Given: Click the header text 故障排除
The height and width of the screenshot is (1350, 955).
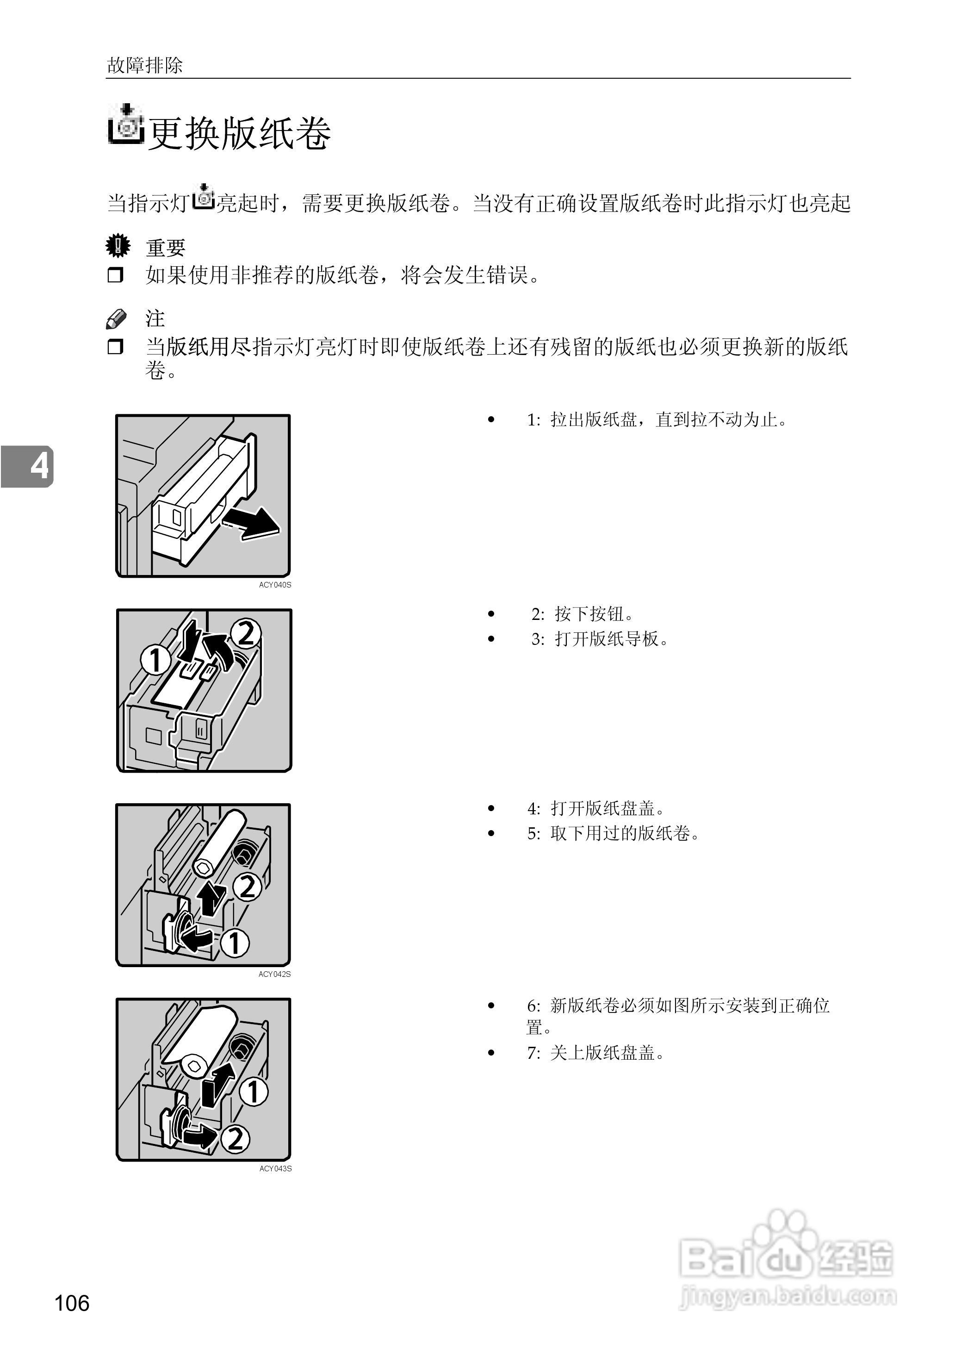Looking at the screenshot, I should [x=145, y=65].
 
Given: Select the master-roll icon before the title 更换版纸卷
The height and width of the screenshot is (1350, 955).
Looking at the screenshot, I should [x=126, y=124].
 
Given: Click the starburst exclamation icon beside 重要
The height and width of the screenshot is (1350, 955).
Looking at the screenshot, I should [x=118, y=246].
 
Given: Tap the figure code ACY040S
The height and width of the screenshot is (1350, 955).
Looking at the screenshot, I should [x=275, y=585].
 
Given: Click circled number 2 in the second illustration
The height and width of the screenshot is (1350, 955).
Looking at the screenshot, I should [x=245, y=633].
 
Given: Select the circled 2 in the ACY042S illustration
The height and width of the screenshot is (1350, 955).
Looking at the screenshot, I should [x=248, y=887].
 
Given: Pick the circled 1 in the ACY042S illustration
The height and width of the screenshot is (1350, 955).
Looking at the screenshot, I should [x=235, y=943].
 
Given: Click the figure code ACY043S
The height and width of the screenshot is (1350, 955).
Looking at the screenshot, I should [x=275, y=1168].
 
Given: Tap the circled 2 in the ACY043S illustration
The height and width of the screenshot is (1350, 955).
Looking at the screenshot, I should [x=235, y=1139].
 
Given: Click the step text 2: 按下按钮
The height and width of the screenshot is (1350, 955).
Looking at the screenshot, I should [x=582, y=614].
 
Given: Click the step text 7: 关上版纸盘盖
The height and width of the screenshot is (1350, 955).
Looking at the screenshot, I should [x=595, y=1053].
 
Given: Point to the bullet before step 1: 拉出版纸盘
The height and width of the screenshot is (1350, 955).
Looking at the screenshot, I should [x=491, y=419].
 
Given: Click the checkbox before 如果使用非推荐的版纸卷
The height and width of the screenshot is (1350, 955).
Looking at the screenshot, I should [x=115, y=275].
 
